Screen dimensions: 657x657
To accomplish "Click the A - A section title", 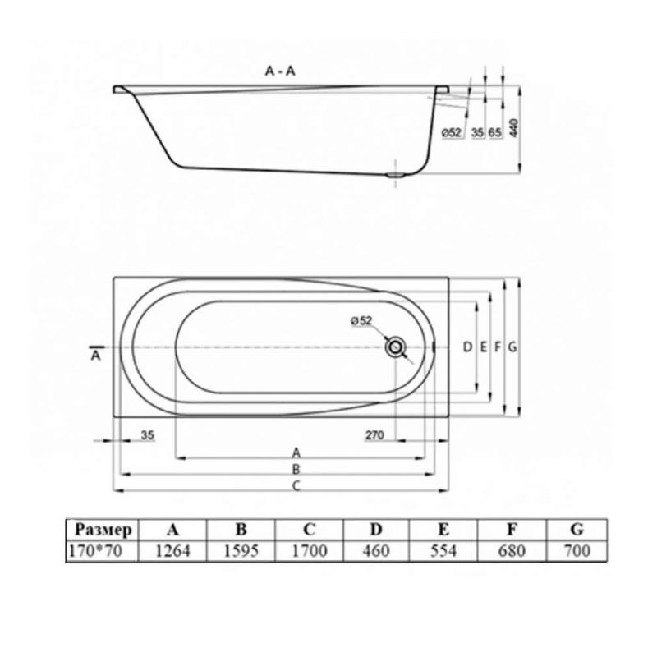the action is pyautogui.click(x=280, y=71).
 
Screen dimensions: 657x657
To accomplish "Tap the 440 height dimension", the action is pyautogui.click(x=514, y=128).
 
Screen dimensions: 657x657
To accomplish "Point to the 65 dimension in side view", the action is pyautogui.click(x=494, y=132).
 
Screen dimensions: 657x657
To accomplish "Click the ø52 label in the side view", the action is pyautogui.click(x=451, y=133).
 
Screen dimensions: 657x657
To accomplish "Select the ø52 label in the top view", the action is pyautogui.click(x=361, y=321).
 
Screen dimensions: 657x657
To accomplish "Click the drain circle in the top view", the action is pyautogui.click(x=395, y=347).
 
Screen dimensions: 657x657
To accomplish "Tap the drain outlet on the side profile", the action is pyautogui.click(x=395, y=175).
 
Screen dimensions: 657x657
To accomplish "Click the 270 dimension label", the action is pyautogui.click(x=374, y=435).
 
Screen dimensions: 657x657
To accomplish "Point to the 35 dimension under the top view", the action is pyautogui.click(x=148, y=435).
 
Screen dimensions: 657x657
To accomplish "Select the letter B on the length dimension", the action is pyautogui.click(x=296, y=469).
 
